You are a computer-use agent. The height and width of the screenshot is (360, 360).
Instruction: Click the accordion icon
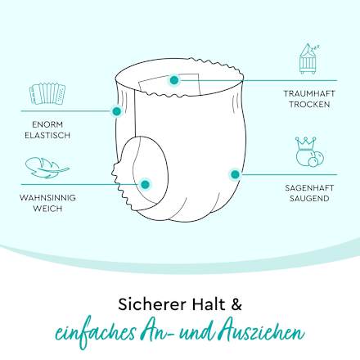pyautogui.click(x=47, y=94)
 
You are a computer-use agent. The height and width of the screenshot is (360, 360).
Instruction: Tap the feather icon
pyautogui.click(x=47, y=167)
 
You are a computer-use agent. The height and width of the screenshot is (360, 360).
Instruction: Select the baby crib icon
pyautogui.click(x=308, y=59)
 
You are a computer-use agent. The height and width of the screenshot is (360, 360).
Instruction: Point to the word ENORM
pyautogui.click(x=47, y=124)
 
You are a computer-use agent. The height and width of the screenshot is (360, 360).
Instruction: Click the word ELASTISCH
pyautogui.click(x=47, y=135)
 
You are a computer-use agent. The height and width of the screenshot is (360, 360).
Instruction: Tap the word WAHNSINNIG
pyautogui.click(x=47, y=198)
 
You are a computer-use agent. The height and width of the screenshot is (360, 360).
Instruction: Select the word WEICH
pyautogui.click(x=47, y=209)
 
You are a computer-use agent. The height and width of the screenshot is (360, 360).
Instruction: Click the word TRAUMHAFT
pyautogui.click(x=309, y=93)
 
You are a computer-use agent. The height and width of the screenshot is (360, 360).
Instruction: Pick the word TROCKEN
pyautogui.click(x=309, y=104)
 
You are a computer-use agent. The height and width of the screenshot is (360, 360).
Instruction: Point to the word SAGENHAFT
pyautogui.click(x=309, y=188)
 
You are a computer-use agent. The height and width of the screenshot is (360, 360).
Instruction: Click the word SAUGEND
pyautogui.click(x=309, y=199)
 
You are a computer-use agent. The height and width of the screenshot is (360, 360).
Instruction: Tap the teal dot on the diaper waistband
pyautogui.click(x=174, y=80)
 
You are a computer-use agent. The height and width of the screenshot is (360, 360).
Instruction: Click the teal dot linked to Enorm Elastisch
pyautogui.click(x=116, y=111)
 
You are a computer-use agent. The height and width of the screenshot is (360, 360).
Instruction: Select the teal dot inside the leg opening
pyautogui.click(x=146, y=184)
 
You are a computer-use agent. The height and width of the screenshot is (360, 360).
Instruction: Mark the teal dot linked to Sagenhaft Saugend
pyautogui.click(x=235, y=174)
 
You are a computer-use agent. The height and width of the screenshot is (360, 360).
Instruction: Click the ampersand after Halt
pyautogui.click(x=236, y=304)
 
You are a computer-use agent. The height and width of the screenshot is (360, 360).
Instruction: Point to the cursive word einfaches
pyautogui.click(x=96, y=333)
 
